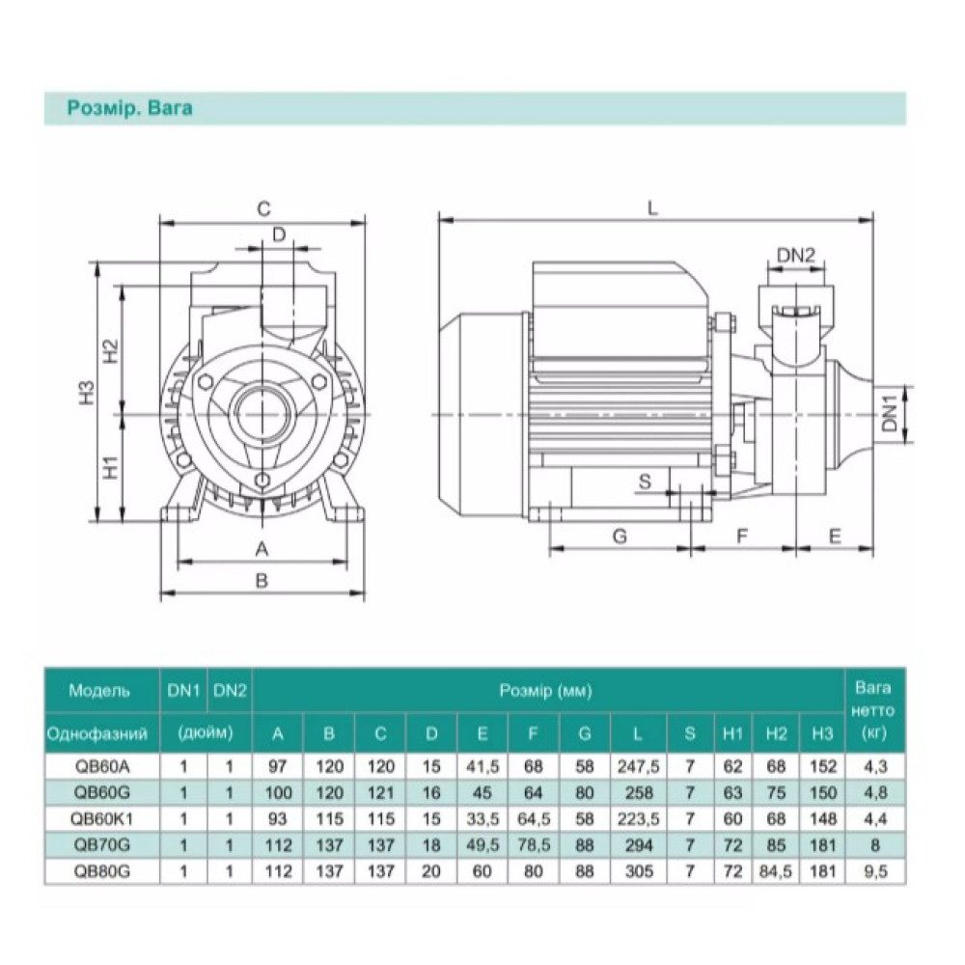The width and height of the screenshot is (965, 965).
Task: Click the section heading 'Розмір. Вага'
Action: [129, 108]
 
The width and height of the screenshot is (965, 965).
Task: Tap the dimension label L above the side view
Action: [652, 208]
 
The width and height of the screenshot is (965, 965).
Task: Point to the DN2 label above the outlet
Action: [796, 256]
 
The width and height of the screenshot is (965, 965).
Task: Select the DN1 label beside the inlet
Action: [891, 414]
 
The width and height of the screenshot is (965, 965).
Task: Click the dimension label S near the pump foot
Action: [645, 482]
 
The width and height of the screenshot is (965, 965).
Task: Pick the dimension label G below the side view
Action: [620, 537]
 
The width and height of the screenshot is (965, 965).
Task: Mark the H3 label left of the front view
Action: [89, 394]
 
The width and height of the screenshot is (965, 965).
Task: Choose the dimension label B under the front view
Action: [262, 580]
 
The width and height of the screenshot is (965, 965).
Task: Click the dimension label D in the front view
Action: [279, 234]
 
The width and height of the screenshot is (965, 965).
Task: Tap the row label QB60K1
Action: [101, 819]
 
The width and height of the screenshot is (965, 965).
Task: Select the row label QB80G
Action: [101, 871]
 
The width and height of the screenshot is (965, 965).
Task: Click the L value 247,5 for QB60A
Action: [638, 767]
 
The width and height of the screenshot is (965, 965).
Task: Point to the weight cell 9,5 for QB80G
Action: [875, 871]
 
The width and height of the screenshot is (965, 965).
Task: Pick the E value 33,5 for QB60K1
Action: [482, 819]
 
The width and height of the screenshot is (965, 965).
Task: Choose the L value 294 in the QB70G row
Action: [638, 845]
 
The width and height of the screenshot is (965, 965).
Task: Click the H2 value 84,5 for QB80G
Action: [776, 871]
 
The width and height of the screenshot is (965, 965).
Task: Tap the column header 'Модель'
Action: [99, 691]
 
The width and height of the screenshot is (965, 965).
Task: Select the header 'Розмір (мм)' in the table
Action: [546, 691]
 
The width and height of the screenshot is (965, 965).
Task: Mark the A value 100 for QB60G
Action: [278, 792]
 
